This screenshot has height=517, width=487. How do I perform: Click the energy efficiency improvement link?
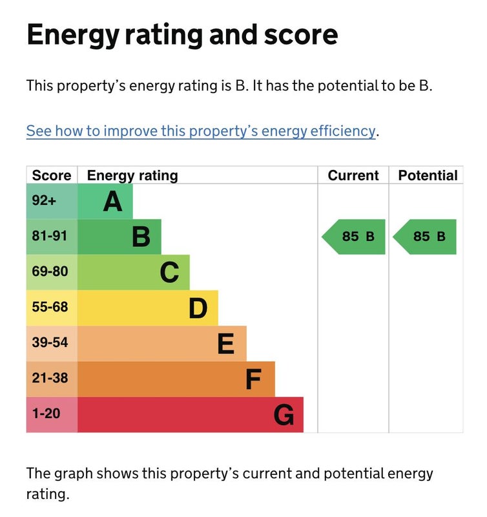(200, 131)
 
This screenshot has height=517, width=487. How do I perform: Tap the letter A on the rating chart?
(112, 202)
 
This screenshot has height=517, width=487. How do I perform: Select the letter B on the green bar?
(141, 237)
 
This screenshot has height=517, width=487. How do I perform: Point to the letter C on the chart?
(169, 273)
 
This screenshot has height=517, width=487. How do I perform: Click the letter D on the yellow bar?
(198, 308)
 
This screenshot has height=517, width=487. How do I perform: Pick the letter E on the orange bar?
(225, 344)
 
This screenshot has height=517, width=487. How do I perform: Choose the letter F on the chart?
(254, 379)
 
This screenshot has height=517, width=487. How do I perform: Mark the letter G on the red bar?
(284, 415)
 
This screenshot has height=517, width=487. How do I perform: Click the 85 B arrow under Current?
(355, 237)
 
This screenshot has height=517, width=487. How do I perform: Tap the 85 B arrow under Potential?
(426, 237)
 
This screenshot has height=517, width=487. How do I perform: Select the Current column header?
(353, 175)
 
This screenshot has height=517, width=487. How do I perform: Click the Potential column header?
(427, 175)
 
